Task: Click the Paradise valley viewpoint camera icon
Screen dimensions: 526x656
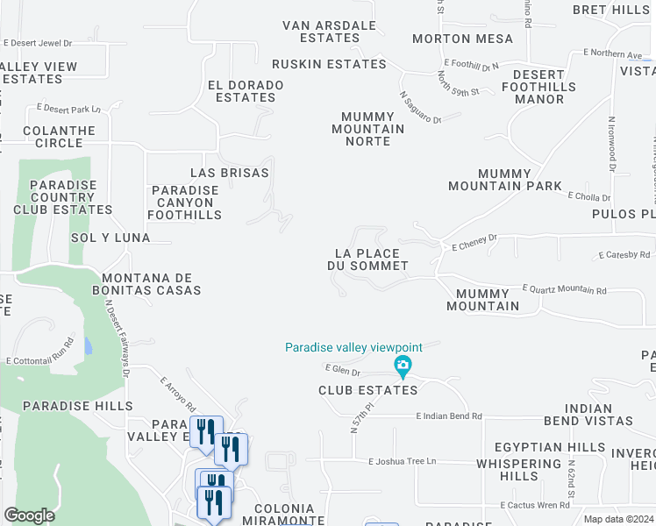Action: coord(403,365)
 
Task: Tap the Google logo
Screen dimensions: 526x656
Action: coord(29,515)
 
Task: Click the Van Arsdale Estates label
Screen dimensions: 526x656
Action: coord(329,32)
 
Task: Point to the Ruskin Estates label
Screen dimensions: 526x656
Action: coord(329,64)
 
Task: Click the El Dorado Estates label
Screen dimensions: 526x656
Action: coord(246,91)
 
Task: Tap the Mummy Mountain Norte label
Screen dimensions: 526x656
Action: coord(374,129)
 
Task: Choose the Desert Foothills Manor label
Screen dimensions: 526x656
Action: coord(539,87)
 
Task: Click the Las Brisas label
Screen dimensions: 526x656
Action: coord(230,173)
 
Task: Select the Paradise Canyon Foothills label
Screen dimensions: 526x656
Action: coord(185,203)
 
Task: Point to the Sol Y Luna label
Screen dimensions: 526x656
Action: coord(110,238)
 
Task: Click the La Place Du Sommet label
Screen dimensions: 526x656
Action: coord(367,259)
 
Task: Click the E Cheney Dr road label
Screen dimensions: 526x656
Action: coord(474,242)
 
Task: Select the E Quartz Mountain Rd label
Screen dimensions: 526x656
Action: coord(565,288)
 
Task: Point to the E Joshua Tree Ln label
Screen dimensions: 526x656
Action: coord(402,461)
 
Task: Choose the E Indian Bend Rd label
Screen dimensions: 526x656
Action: coord(449,416)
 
